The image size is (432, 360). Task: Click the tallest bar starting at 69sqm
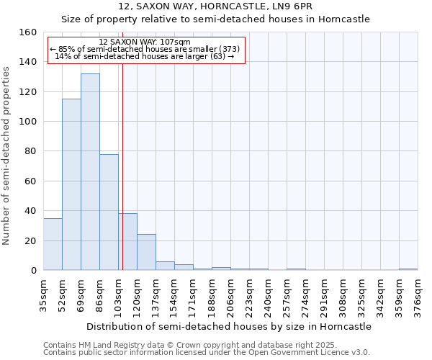pos(90,172)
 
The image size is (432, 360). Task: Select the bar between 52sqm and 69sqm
pos(71,184)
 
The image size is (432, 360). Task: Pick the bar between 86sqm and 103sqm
pos(109,212)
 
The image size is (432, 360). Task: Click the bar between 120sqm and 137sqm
pos(146,252)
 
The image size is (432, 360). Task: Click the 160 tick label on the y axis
pos(29,32)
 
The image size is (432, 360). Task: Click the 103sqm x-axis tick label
pos(118,295)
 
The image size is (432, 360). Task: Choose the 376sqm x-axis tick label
pos(418,295)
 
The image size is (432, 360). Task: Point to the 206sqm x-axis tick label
pos(230,295)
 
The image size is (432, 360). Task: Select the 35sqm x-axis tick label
pos(43,295)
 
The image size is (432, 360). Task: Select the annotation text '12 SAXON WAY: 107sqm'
pos(145,42)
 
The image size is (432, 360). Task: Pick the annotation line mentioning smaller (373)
pos(145,50)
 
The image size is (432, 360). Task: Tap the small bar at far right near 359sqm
pos(408,269)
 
